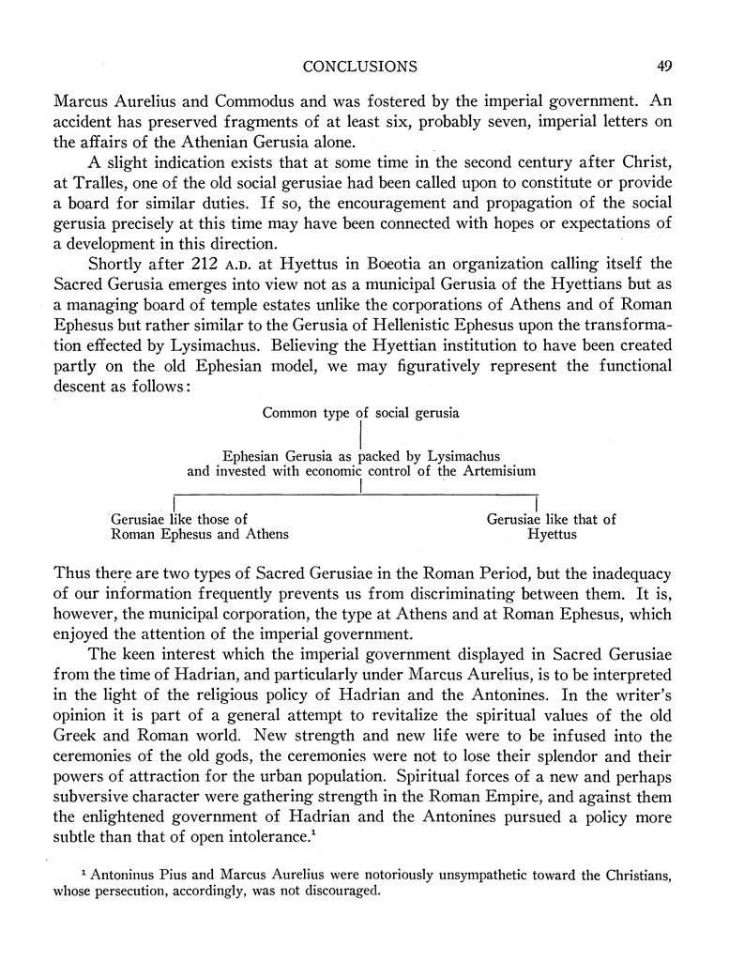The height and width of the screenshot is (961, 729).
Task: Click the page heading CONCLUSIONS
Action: click(360, 66)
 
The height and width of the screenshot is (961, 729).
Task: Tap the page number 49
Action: click(663, 66)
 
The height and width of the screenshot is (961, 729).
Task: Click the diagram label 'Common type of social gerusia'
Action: click(361, 412)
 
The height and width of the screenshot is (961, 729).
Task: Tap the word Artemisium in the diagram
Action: click(499, 471)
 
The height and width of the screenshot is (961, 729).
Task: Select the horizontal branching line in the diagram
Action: click(357, 494)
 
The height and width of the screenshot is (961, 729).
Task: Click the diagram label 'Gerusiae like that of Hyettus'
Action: click(552, 526)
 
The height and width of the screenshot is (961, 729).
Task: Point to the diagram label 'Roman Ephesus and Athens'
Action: click(200, 535)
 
